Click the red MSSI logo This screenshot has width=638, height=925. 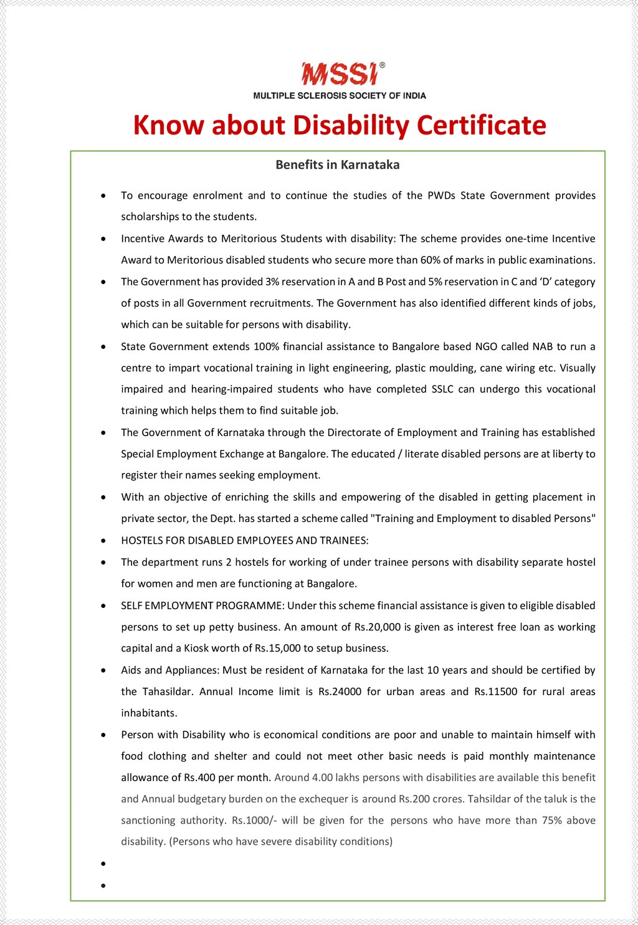339,74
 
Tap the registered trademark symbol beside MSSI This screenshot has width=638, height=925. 382,65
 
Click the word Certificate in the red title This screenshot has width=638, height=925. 481,125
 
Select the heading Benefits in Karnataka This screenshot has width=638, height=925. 338,165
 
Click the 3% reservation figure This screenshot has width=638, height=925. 272,282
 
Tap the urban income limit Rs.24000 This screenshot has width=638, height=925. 340,691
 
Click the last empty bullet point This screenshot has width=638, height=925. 103,885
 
